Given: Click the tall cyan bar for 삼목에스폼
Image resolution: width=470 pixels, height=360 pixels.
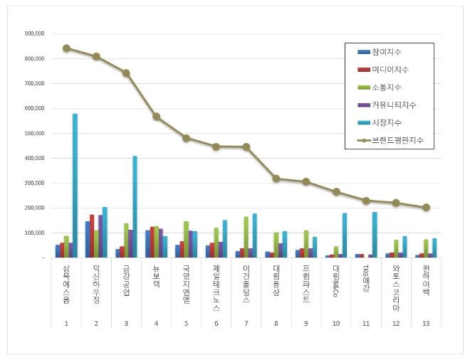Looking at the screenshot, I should click(x=75, y=185).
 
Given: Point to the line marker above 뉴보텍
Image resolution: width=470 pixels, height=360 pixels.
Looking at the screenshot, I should click(x=156, y=117).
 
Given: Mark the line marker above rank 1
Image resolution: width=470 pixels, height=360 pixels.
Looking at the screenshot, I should click(x=66, y=48).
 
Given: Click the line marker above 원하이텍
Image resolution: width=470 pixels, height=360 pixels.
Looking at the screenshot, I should click(x=426, y=208).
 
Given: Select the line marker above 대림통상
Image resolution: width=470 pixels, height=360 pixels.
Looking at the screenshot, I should click(x=276, y=179).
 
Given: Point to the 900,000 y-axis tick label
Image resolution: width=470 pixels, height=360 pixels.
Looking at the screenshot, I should click(x=34, y=33).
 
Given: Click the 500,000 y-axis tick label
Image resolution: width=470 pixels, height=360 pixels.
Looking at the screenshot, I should click(x=34, y=133).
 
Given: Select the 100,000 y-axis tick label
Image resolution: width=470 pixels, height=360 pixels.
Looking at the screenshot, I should click(x=34, y=233).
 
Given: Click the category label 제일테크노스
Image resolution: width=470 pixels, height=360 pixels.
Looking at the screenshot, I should click(x=216, y=288).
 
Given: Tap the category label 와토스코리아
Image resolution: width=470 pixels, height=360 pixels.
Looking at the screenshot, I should click(x=396, y=288).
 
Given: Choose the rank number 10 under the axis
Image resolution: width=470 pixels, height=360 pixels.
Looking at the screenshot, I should click(x=335, y=322).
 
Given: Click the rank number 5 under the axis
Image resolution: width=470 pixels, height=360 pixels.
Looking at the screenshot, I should click(x=186, y=322).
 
